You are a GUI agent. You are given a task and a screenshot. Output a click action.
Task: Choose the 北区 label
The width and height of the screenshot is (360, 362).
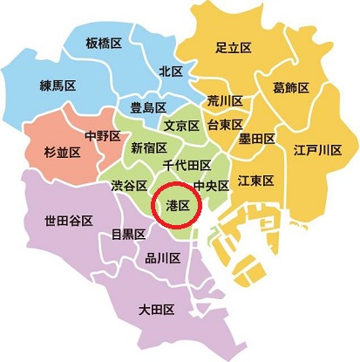click(170, 71)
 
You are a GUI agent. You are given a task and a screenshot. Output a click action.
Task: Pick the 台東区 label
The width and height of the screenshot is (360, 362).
click(225, 126)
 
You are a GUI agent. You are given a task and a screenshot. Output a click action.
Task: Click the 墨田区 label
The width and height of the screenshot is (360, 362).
click(257, 138)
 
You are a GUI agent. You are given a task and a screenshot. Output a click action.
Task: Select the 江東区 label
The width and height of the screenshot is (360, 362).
click(256, 180)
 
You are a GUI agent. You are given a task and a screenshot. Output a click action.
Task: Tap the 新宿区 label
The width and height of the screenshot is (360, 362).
click(148, 148)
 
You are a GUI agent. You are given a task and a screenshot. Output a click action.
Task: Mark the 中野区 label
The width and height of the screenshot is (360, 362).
click(102, 135)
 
